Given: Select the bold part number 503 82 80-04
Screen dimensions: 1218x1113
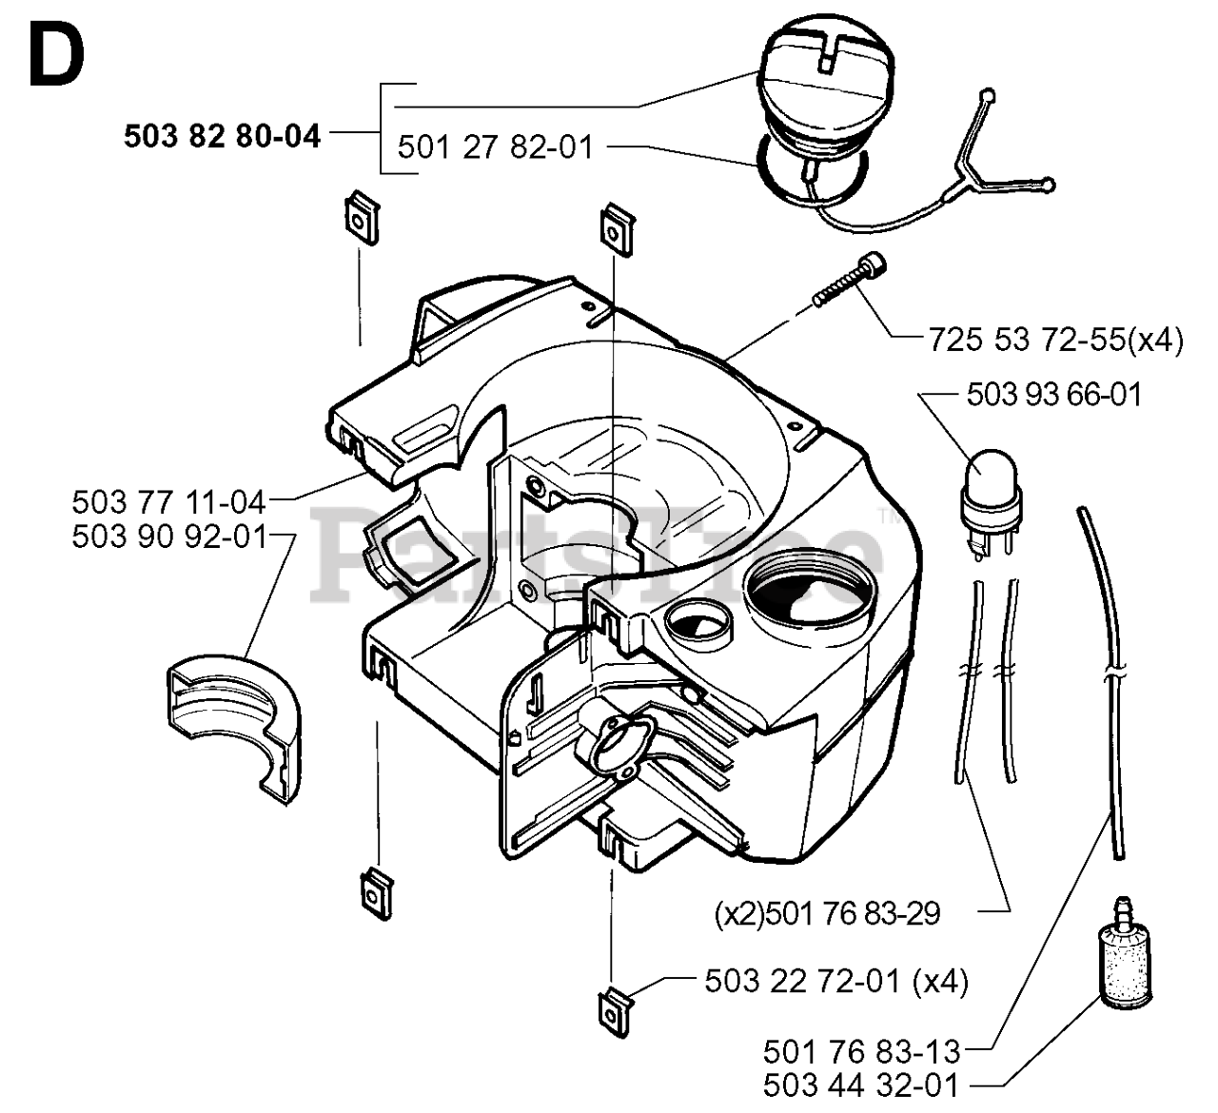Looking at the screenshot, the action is click(x=223, y=136).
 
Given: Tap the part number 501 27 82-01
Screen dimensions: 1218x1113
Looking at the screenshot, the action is click(x=495, y=147).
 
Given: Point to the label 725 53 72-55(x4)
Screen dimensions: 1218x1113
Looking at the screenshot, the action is click(x=1056, y=340).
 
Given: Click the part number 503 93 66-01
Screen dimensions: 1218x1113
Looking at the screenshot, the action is click(x=1054, y=394).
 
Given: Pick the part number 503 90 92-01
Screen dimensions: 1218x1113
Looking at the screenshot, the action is click(x=169, y=537).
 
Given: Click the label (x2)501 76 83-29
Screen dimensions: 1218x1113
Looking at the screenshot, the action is click(x=827, y=913).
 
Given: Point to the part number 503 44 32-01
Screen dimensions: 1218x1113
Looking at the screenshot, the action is click(x=860, y=1085).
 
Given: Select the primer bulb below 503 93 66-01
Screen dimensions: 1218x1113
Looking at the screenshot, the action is click(x=991, y=503).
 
